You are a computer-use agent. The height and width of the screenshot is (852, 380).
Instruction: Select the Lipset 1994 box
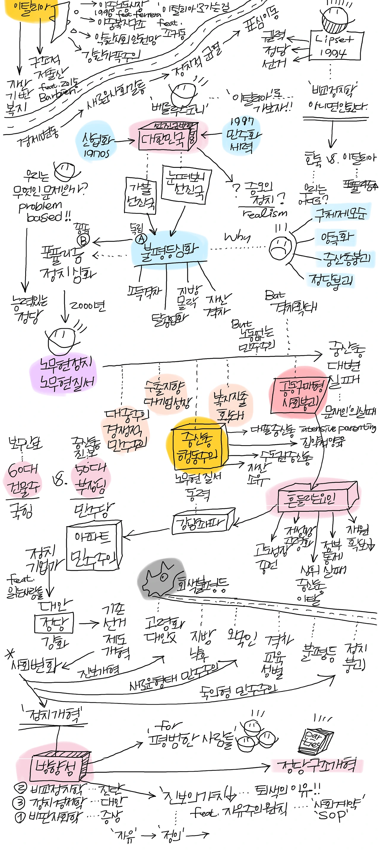(335, 46)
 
